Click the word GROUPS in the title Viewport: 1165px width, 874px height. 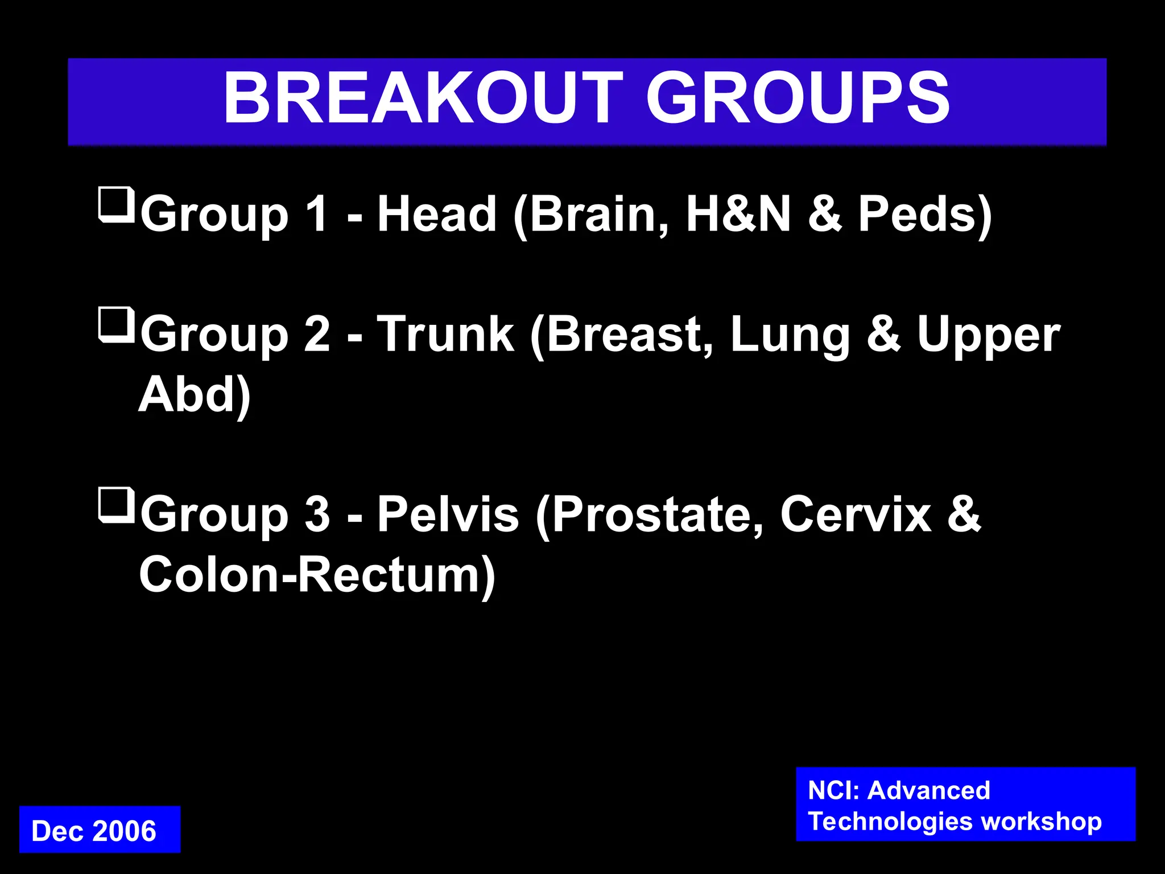798,98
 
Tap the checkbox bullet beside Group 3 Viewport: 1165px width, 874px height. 116,505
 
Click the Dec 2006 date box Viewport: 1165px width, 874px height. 100,830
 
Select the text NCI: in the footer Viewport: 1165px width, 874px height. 833,790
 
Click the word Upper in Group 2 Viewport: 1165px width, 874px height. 988,336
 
